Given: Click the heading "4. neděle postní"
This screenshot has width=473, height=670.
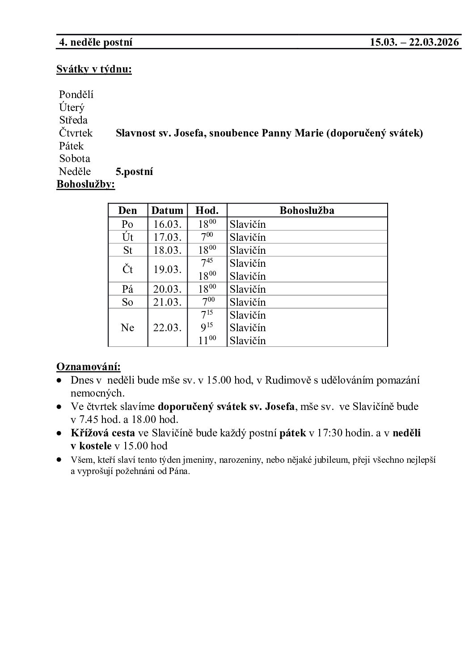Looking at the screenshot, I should click(96, 43).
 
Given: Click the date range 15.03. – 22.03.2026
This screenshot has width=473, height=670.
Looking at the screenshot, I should click(414, 43).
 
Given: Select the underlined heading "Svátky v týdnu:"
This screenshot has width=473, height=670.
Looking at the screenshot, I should click(94, 69).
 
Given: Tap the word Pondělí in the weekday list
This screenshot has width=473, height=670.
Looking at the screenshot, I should click(76, 95).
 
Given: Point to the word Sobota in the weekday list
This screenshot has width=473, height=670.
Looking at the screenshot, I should click(75, 158).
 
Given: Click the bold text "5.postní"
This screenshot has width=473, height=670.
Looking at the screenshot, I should click(134, 171).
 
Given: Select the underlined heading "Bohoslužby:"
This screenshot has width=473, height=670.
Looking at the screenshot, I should click(85, 184).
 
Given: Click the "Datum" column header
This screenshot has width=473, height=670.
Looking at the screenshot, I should click(167, 210).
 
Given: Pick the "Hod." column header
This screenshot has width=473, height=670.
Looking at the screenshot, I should click(207, 210).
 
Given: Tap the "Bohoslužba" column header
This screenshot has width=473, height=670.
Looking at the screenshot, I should click(307, 210).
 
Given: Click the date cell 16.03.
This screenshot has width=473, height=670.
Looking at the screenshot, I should click(167, 224).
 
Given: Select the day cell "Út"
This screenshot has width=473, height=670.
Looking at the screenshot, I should click(127, 237).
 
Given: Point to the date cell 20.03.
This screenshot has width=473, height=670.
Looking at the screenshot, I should click(167, 289).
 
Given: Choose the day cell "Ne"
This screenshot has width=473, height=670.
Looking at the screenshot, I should click(127, 328).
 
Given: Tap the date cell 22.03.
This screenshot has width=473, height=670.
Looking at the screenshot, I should click(167, 328).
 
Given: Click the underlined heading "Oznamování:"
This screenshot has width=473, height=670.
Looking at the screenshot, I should click(88, 367).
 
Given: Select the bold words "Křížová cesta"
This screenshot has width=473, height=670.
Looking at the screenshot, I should click(102, 433).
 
